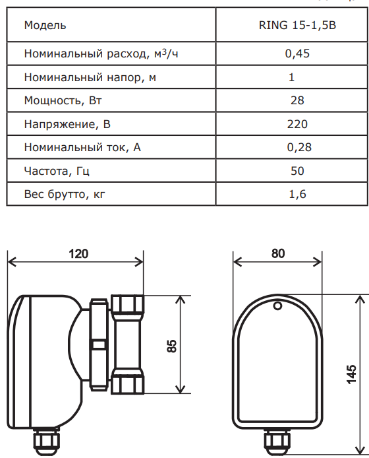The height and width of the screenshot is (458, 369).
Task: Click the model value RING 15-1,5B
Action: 297,25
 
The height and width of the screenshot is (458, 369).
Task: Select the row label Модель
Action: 45,26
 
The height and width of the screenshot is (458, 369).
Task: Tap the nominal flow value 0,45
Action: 297,53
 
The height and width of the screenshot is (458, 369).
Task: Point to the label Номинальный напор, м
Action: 90,77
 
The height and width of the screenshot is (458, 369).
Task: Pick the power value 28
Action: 297,100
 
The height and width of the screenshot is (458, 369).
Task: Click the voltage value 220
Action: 297,124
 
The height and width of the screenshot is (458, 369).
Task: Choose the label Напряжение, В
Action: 67,125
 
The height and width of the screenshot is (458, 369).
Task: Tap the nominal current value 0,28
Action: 299,147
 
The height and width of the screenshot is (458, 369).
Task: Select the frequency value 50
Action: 297,171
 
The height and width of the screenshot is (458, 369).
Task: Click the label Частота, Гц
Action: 57,171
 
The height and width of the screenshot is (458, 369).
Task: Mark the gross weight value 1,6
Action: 297,194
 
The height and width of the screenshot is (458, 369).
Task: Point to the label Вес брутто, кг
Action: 65,194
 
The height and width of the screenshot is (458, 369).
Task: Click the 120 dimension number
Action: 78,253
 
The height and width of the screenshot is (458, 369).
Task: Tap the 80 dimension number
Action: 277,253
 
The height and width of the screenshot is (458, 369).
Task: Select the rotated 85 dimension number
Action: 172,346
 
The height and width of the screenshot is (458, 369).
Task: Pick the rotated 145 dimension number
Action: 352,374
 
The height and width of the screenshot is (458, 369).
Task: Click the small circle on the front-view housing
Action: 277,306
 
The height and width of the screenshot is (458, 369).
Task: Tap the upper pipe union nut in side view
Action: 128,304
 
